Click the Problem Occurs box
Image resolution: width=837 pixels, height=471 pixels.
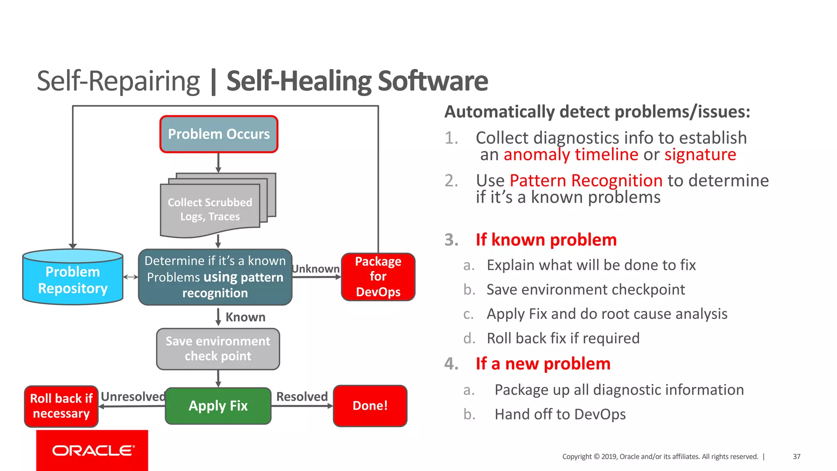tap(219, 134)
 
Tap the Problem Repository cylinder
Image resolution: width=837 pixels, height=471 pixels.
tap(73, 280)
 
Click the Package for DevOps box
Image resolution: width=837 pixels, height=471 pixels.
tap(378, 277)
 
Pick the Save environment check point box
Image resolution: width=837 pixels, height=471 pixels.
tap(218, 349)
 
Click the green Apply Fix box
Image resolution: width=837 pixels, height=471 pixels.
tap(218, 406)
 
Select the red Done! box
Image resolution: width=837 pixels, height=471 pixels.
tap(370, 406)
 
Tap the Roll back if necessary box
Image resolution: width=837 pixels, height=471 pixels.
tap(61, 406)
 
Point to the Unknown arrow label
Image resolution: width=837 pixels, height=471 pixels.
tap(316, 269)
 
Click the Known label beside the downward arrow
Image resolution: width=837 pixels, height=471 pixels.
tap(245, 317)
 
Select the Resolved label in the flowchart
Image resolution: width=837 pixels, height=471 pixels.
tap(302, 396)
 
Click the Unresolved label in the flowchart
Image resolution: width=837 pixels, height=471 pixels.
tap(133, 396)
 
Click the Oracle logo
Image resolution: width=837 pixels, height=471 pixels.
tap(92, 450)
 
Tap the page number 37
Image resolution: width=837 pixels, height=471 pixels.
tap(797, 456)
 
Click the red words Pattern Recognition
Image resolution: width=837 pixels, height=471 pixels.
tap(586, 180)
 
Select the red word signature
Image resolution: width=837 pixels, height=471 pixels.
tap(700, 155)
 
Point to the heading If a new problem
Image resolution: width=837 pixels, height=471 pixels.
tap(543, 363)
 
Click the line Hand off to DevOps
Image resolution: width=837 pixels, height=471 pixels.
tap(560, 414)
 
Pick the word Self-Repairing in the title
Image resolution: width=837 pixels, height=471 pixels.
tap(118, 81)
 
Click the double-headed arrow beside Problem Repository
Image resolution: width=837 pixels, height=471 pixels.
tap(131, 277)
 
